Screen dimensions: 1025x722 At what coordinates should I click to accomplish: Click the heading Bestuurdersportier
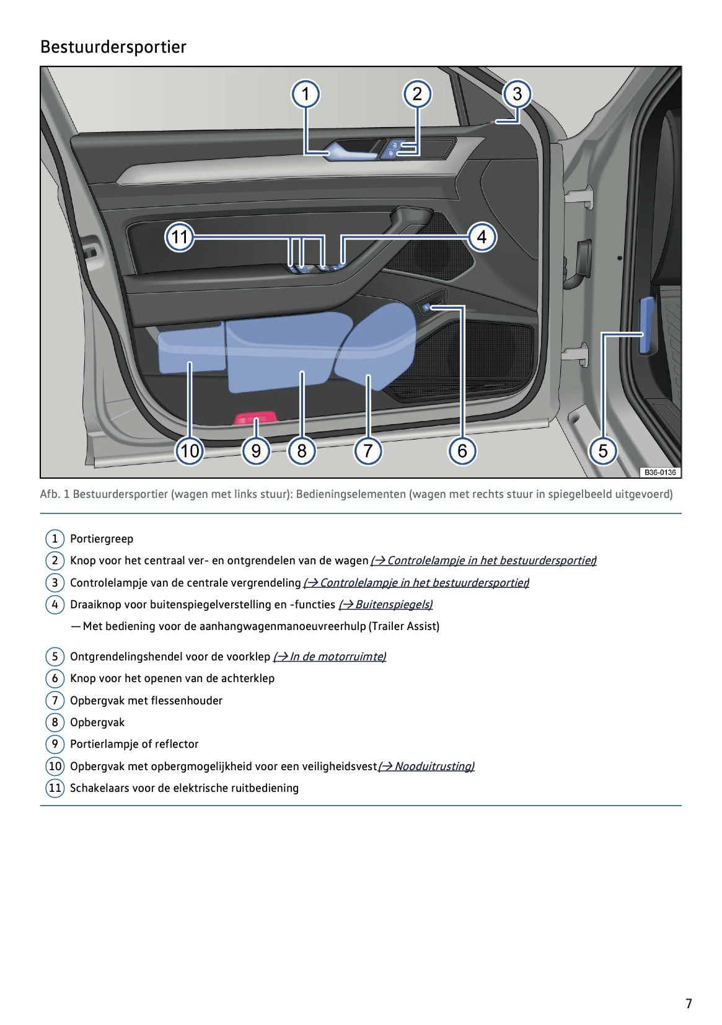click(x=113, y=47)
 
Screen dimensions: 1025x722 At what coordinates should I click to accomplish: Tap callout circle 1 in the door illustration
click(x=306, y=94)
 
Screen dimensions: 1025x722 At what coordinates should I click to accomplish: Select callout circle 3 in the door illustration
click(x=517, y=94)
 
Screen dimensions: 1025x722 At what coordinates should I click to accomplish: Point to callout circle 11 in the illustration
click(x=179, y=237)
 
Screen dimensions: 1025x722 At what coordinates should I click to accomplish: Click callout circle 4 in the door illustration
click(x=482, y=237)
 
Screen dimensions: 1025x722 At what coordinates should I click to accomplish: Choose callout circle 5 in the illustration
click(x=603, y=450)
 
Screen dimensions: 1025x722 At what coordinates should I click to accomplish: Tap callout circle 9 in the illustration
click(x=256, y=450)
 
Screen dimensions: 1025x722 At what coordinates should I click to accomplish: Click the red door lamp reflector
click(x=255, y=417)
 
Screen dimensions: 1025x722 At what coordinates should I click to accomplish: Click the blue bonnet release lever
click(x=646, y=325)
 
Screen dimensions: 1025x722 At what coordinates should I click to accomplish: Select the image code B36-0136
click(x=659, y=473)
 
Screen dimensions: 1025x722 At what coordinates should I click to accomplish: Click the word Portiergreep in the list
click(x=102, y=539)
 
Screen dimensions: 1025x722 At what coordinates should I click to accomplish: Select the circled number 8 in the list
click(x=55, y=722)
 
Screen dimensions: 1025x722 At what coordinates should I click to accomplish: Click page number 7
click(x=689, y=1003)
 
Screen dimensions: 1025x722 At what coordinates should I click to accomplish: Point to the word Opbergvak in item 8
click(x=97, y=722)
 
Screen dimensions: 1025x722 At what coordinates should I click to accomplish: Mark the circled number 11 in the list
click(x=55, y=788)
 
